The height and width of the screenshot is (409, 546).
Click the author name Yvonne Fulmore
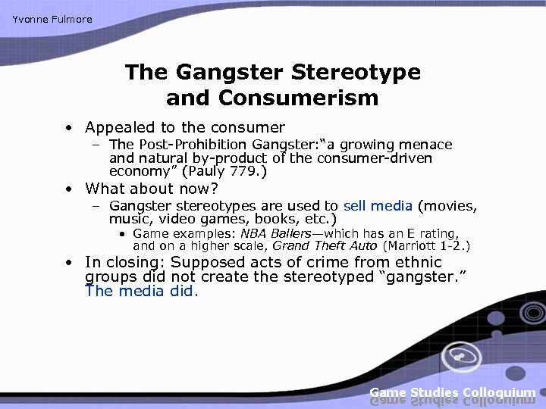(52, 19)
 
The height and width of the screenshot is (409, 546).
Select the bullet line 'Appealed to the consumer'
(185, 128)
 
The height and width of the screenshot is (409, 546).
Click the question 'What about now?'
(152, 189)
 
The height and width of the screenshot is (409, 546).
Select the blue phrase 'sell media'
(378, 206)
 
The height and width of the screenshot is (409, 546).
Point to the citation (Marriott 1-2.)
(427, 246)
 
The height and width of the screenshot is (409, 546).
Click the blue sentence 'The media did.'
(142, 291)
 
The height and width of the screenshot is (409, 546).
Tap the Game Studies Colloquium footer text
(453, 392)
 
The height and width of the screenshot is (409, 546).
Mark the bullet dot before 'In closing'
(68, 263)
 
